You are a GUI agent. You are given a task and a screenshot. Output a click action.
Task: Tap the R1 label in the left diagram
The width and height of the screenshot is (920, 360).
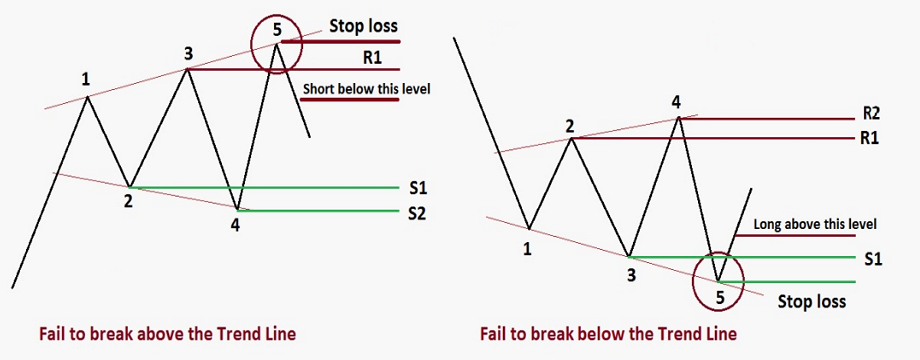[x=373, y=58]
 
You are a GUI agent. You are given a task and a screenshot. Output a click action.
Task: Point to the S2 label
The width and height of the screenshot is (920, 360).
[x=418, y=212]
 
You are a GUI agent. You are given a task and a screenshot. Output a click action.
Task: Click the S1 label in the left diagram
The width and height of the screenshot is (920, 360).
[x=418, y=188]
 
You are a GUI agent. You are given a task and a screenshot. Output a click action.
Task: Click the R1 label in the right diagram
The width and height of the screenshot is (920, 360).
[x=869, y=138]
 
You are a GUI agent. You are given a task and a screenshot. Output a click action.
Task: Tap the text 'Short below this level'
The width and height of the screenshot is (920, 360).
[x=365, y=89]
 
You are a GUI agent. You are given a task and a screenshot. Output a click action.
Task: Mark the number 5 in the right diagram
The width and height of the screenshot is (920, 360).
[x=721, y=294]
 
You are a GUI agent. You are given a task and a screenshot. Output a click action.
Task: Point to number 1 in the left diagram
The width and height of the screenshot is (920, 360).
[x=87, y=78]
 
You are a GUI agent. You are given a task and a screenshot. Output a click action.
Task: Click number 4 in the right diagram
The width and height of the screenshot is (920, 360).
[x=677, y=101]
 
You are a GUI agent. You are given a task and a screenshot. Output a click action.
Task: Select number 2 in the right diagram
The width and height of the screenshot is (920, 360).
[x=569, y=126]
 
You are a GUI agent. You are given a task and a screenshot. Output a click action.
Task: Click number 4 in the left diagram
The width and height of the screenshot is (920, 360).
[x=237, y=224]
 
